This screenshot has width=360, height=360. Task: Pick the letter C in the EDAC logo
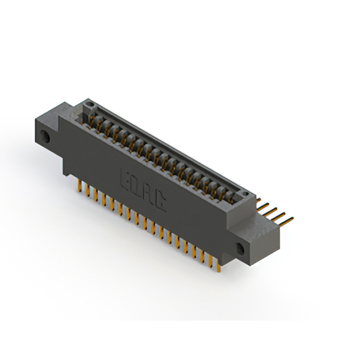(x=160, y=202)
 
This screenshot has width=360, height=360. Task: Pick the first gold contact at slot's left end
(x=93, y=121)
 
